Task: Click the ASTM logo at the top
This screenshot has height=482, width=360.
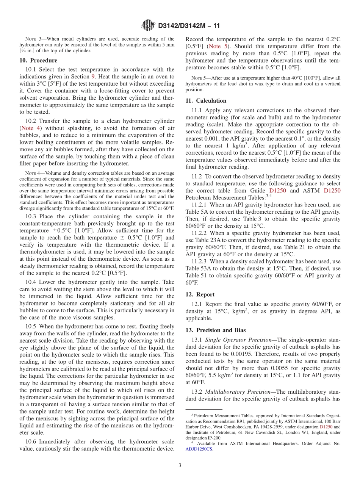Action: click(148, 25)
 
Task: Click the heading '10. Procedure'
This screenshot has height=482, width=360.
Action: click(38, 60)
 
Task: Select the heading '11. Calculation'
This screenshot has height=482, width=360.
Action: click(206, 100)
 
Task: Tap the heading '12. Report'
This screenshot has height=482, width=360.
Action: click(200, 294)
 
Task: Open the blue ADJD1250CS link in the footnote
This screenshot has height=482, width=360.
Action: click(199, 449)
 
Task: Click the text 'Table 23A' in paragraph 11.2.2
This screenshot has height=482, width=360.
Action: click(205, 240)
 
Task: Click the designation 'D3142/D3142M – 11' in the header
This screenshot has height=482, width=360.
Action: click(189, 26)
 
